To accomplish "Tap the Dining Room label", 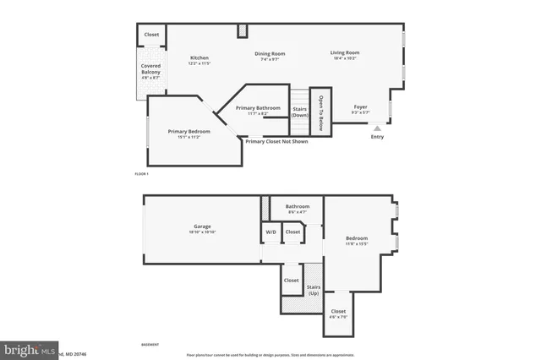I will point(271,54).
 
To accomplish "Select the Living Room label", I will point(344,53).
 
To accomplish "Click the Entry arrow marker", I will point(377,128).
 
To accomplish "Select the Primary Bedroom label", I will point(189,131).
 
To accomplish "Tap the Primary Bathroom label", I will point(258,108).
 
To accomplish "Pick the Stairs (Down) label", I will point(299,112).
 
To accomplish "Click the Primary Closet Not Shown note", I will point(276,141).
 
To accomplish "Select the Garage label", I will point(202,226).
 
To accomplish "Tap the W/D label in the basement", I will point(271,232).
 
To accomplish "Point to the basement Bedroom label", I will point(357,238).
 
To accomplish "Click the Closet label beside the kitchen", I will point(151,35).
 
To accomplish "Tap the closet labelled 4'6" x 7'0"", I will point(338,313).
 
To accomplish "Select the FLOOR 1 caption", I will point(141,174).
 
